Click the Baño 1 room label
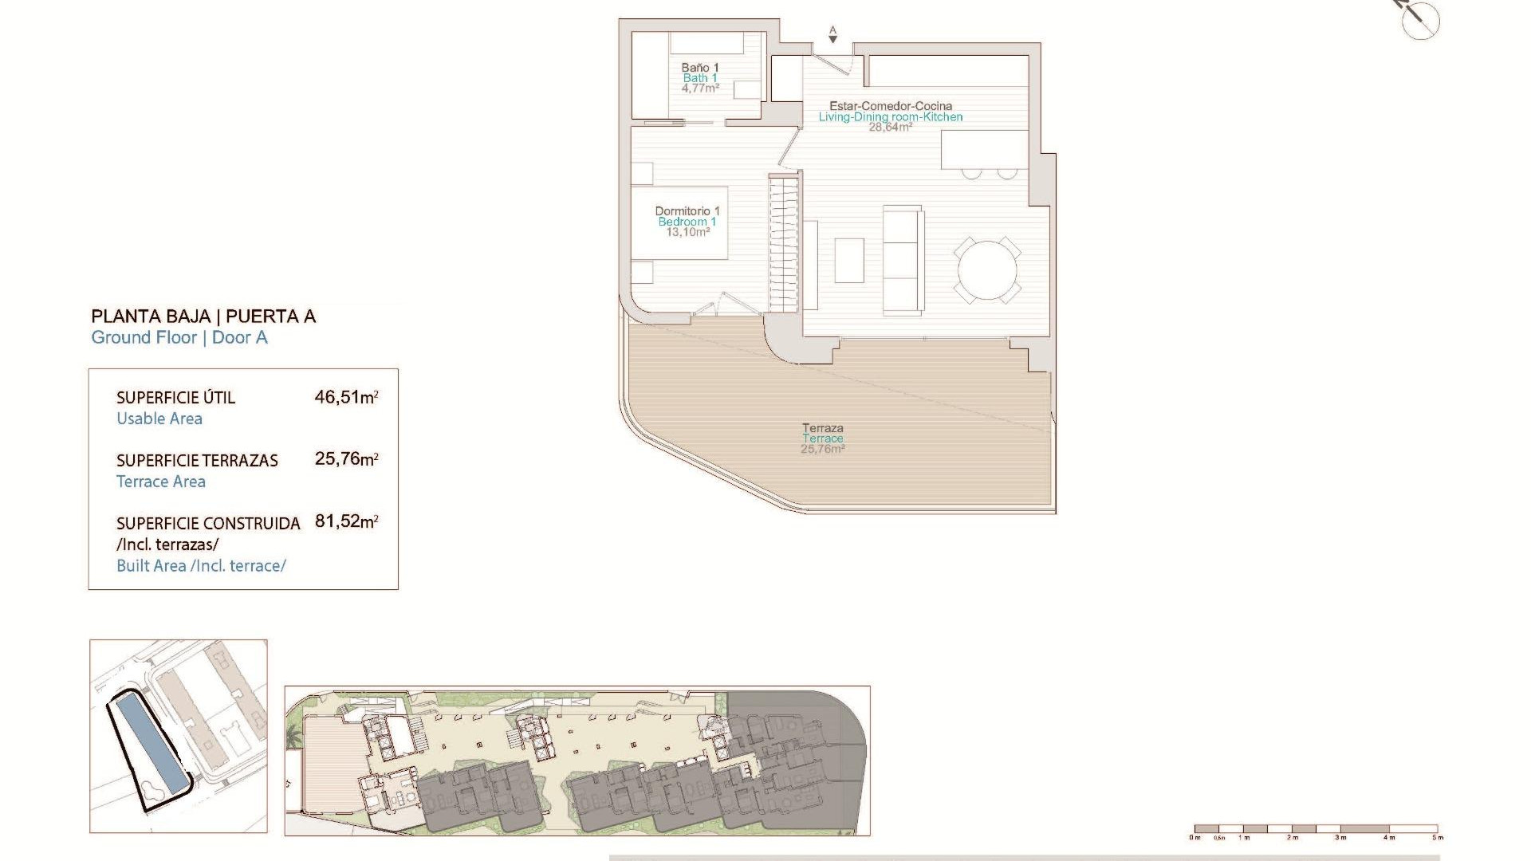[x=699, y=68]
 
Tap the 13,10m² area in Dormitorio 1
[x=687, y=233]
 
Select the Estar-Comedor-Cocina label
[x=890, y=106]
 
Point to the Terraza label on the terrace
[x=822, y=428]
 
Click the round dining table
[x=987, y=270]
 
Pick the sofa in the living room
[x=903, y=260]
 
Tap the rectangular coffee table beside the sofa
[x=849, y=261]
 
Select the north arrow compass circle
[x=1420, y=21]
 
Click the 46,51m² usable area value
[x=345, y=397]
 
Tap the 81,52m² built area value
[x=345, y=521]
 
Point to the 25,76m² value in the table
[x=345, y=459]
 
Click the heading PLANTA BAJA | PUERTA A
[x=203, y=316]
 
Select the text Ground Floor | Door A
[x=179, y=338]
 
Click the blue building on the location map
[x=148, y=738]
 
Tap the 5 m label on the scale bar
[x=1437, y=838]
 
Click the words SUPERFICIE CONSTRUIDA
[x=208, y=524]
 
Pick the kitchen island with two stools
[x=984, y=151]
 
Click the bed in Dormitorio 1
[x=679, y=222]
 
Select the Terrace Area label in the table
[x=161, y=482]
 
